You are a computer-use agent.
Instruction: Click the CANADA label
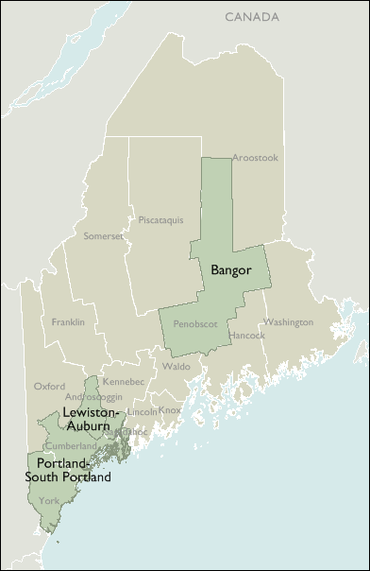coord(252,17)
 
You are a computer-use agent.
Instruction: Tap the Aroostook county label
coord(255,158)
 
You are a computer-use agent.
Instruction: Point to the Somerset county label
coord(104,235)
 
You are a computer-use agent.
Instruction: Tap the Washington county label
coord(288,321)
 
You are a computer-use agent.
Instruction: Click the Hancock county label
coord(246,335)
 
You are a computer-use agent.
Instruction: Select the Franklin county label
coord(68,321)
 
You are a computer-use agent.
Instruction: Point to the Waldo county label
coord(176,365)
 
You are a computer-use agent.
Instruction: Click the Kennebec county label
coord(123,381)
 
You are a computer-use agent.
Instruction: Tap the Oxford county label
coord(49,386)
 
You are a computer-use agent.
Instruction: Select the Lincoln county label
coord(142,412)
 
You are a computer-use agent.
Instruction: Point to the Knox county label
coord(169,410)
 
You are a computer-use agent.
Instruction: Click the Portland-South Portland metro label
coord(68,470)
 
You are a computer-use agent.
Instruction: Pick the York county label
coord(49,500)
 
